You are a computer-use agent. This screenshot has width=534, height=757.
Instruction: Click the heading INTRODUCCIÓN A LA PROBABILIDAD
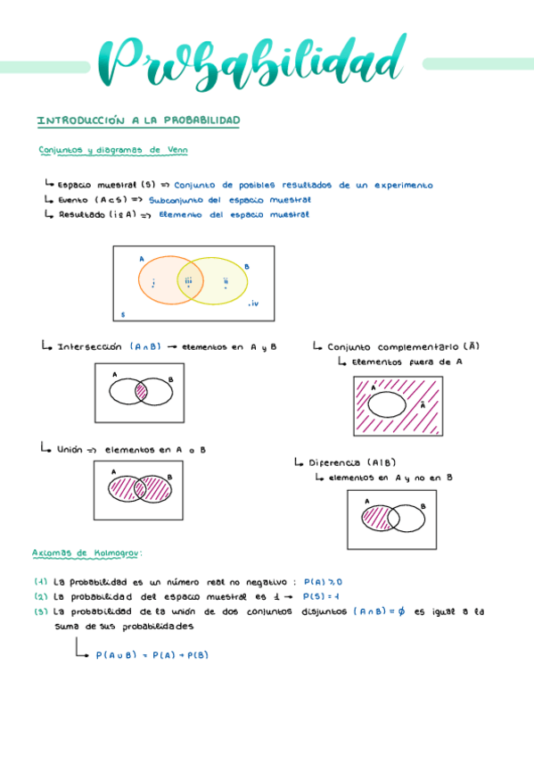[138, 121]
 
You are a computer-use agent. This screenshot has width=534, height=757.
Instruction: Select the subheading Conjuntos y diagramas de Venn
[112, 150]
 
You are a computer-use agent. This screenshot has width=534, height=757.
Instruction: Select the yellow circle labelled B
[228, 282]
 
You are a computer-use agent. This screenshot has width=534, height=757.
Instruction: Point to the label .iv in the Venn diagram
[253, 304]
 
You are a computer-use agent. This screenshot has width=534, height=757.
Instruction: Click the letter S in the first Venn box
[123, 314]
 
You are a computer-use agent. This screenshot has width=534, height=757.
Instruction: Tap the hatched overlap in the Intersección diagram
[141, 390]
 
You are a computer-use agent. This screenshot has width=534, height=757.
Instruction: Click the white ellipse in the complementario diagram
[386, 404]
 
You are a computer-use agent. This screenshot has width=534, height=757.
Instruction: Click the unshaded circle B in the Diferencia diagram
[412, 519]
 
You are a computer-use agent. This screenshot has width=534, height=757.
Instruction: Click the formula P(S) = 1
[321, 595]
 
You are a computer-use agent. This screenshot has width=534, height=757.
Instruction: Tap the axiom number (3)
[40, 611]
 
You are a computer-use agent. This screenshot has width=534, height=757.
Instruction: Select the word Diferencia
[334, 462]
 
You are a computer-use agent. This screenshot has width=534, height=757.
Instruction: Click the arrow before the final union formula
[82, 650]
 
